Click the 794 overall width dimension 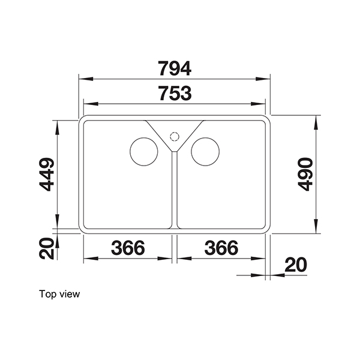pyautogui.click(x=175, y=68)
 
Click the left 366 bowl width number pyautogui.click(x=128, y=248)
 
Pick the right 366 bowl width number pyautogui.click(x=221, y=248)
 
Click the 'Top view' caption pyautogui.click(x=59, y=294)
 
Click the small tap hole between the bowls pyautogui.click(x=175, y=135)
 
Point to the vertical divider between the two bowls pyautogui.click(x=175, y=192)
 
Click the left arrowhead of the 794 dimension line pyautogui.click(x=84, y=79)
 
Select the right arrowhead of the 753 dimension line pyautogui.click(x=265, y=103)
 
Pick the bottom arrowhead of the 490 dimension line pyautogui.click(x=317, y=229)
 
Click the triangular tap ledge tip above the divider pyautogui.click(x=175, y=150)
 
